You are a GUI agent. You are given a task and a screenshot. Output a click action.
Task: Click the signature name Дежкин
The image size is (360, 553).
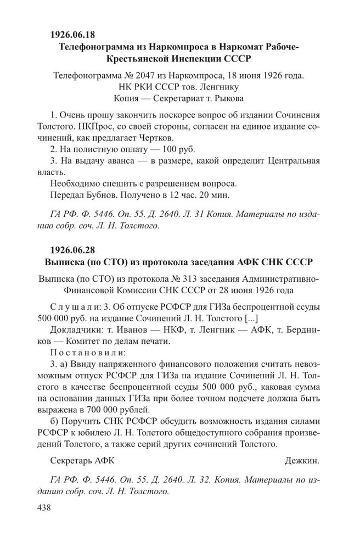302,460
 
